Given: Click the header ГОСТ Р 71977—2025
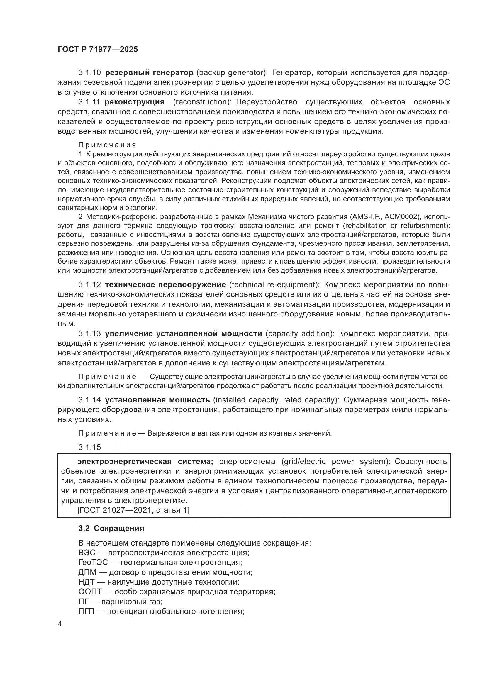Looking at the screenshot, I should coord(98,50).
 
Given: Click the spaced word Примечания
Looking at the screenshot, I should coord(107,145).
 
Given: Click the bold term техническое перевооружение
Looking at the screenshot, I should coord(165,284).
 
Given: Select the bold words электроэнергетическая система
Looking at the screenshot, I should coord(145,462).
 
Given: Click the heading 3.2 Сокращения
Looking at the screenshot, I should coord(111,528).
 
